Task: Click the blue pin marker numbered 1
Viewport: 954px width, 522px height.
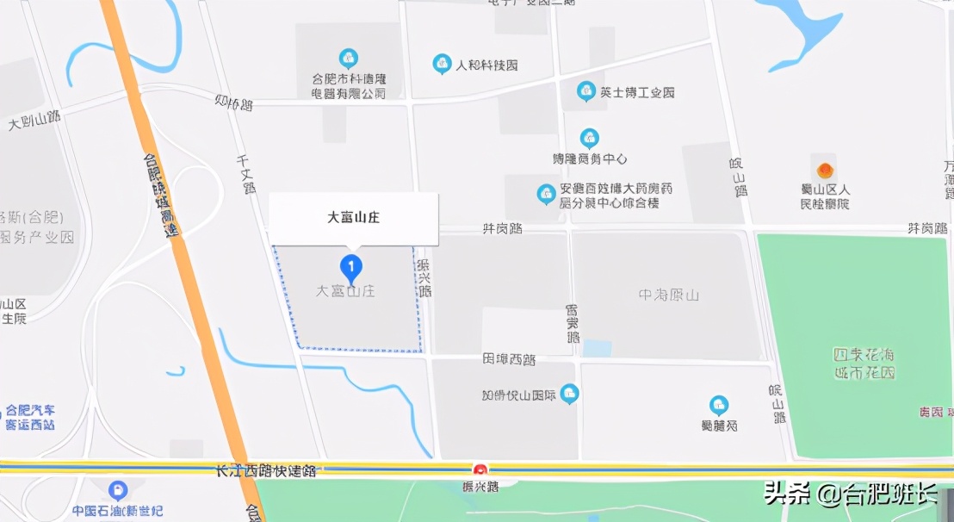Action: pyautogui.click(x=350, y=267)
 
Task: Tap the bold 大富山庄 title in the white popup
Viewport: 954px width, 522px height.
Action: pyautogui.click(x=353, y=218)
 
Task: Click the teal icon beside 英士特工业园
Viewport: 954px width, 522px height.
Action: pyautogui.click(x=586, y=90)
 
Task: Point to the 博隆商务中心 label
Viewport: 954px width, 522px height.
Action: pyautogui.click(x=590, y=159)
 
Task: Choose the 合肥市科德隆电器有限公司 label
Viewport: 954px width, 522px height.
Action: pyautogui.click(x=349, y=86)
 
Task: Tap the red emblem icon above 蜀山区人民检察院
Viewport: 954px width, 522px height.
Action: pyautogui.click(x=825, y=170)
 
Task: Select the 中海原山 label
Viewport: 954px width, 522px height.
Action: pyautogui.click(x=668, y=295)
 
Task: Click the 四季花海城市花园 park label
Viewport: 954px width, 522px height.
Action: pyautogui.click(x=864, y=364)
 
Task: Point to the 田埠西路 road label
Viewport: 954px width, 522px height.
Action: pyautogui.click(x=510, y=359)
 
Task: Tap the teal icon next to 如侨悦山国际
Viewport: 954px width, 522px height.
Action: pyautogui.click(x=569, y=395)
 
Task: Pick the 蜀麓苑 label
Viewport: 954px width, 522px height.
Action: pyautogui.click(x=719, y=425)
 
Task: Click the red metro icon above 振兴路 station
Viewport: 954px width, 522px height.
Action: pyautogui.click(x=480, y=469)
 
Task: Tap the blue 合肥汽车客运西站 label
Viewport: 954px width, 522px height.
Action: pyautogui.click(x=30, y=418)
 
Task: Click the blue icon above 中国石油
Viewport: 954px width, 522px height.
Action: pyautogui.click(x=118, y=491)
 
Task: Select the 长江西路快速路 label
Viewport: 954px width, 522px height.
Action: pyautogui.click(x=267, y=471)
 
